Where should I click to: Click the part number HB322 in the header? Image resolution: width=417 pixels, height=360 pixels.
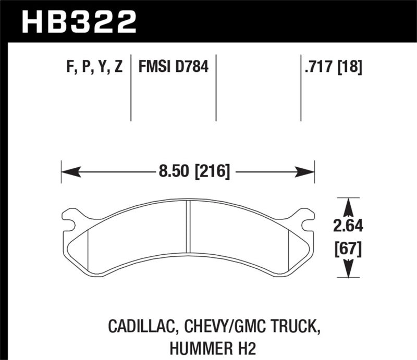coord(78,21)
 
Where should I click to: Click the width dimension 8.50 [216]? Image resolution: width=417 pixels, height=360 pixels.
coord(188,170)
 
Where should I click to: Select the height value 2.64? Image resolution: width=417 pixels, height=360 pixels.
coord(349,226)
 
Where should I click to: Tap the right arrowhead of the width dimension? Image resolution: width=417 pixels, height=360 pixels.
coord(309,171)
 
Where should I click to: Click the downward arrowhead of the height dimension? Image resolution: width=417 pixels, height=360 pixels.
coord(349,271)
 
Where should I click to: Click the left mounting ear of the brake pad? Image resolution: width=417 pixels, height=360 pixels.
coord(71,217)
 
